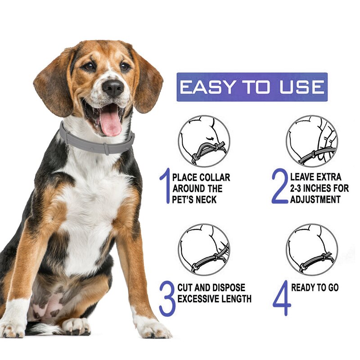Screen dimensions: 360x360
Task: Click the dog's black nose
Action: point(112,87)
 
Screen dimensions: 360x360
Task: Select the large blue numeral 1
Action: point(164,185)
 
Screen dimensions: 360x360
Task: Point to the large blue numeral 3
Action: point(166,298)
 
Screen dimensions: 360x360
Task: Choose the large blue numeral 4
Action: point(282,298)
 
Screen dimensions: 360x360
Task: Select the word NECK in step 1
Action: point(208,199)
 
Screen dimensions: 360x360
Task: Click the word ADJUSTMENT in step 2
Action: point(315,199)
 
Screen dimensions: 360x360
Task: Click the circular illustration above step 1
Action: point(203,141)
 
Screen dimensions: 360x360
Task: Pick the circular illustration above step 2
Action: point(311,141)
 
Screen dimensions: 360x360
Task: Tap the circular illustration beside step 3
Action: point(203,249)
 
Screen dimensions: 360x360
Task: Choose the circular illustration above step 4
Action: point(311,249)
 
